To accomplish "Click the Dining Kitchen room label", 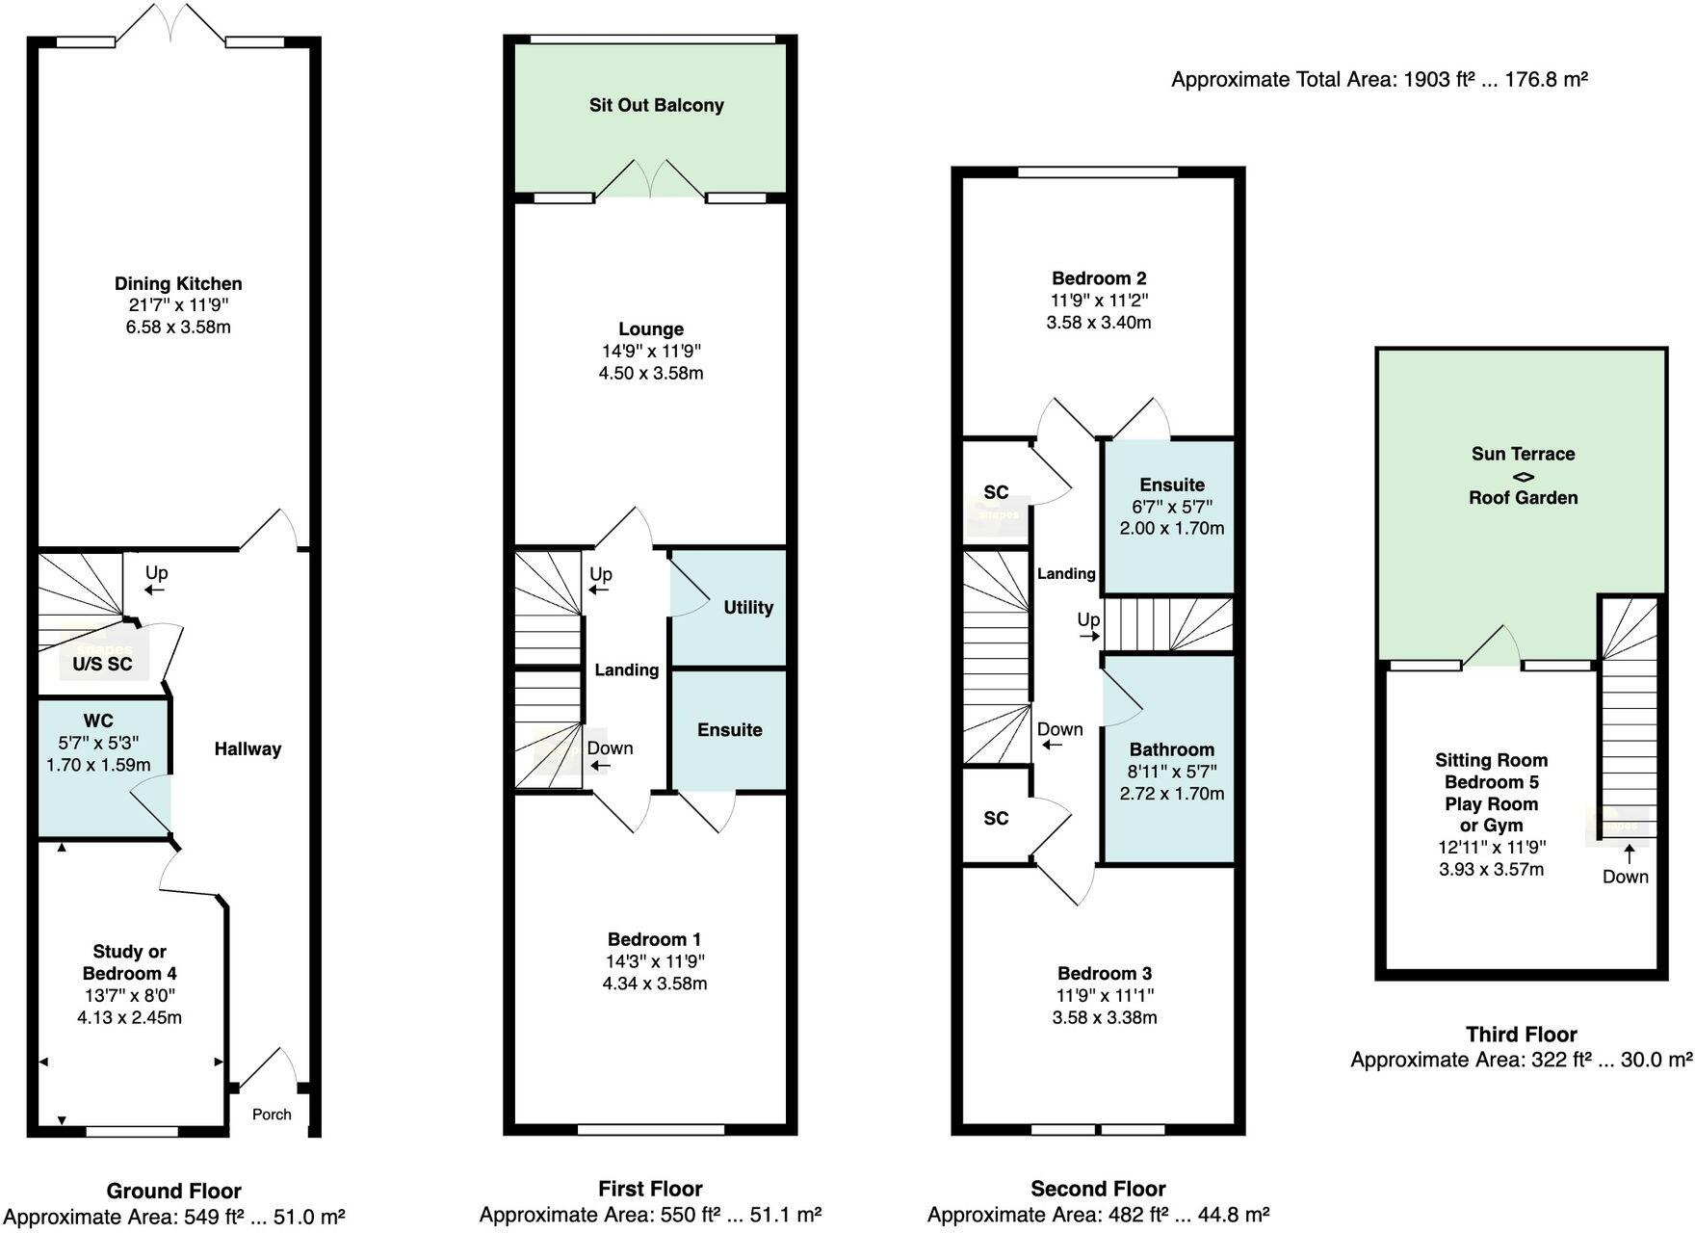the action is (x=178, y=283).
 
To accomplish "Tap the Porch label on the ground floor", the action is (x=272, y=1115).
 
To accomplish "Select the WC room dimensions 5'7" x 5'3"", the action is (x=98, y=743).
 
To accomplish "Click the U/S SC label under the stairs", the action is (x=103, y=664).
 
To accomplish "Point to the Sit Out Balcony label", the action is (x=657, y=105).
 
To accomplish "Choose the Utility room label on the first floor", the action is (x=748, y=607).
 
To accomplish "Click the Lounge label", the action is (x=651, y=329).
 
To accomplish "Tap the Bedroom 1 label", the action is (x=655, y=939).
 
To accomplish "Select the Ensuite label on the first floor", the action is (x=730, y=730).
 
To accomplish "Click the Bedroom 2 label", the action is (x=1099, y=278).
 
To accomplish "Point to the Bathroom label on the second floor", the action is (x=1172, y=749).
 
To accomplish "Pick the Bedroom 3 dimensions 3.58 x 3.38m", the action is (x=1105, y=1017).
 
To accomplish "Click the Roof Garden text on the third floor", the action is (x=1524, y=498).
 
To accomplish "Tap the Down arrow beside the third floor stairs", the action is (x=1630, y=853).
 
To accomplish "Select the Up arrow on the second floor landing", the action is (x=1089, y=636).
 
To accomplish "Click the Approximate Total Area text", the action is (x=1379, y=79).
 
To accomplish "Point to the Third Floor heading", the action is (x=1522, y=1035).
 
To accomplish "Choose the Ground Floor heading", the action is (x=173, y=1191).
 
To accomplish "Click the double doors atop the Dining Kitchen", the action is (x=170, y=22).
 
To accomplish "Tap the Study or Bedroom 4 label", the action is (x=130, y=962).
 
